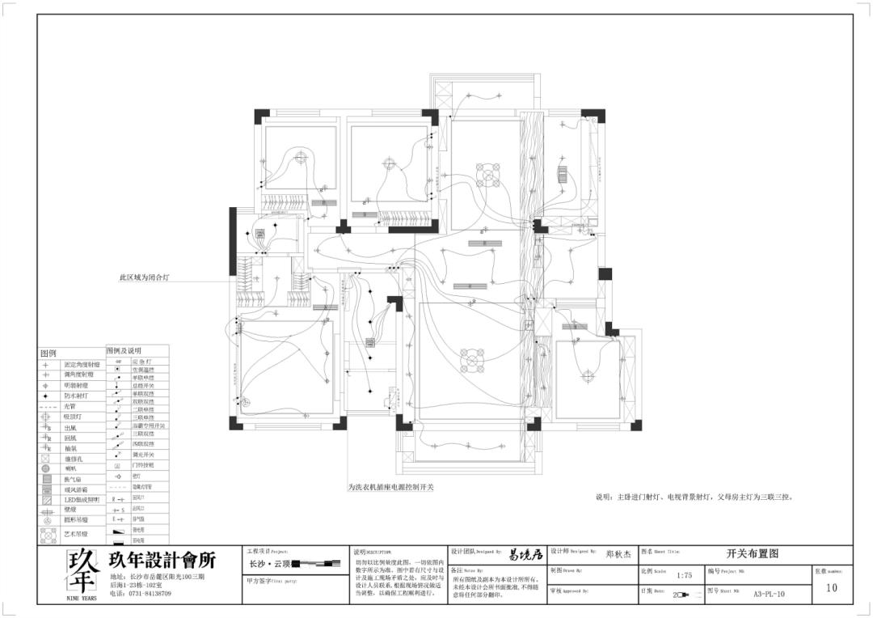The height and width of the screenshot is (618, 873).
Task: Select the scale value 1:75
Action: pyautogui.click(x=684, y=575)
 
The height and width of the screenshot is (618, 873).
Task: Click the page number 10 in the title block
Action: pyautogui.click(x=832, y=588)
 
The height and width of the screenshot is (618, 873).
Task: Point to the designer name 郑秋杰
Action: pyautogui.click(x=620, y=555)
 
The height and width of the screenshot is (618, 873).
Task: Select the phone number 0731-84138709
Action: pyautogui.click(x=146, y=593)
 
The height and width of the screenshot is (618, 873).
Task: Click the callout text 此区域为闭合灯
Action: pyautogui.click(x=145, y=277)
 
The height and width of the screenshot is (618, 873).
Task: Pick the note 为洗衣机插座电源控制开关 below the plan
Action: pyautogui.click(x=391, y=488)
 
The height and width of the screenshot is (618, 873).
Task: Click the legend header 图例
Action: pyautogui.click(x=48, y=354)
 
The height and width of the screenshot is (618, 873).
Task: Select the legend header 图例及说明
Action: pyautogui.click(x=124, y=351)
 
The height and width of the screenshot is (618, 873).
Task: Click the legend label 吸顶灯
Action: pyautogui.click(x=73, y=417)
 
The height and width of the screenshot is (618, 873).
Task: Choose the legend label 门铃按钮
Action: pyautogui.click(x=141, y=465)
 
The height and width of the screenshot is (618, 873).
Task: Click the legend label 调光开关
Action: pyautogui.click(x=141, y=455)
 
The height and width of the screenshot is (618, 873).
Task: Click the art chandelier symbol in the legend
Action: pyautogui.click(x=46, y=534)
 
